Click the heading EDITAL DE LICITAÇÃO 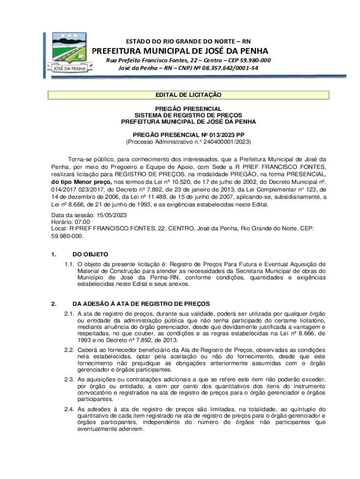(x=188, y=95)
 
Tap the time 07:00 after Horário (x=82, y=222)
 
